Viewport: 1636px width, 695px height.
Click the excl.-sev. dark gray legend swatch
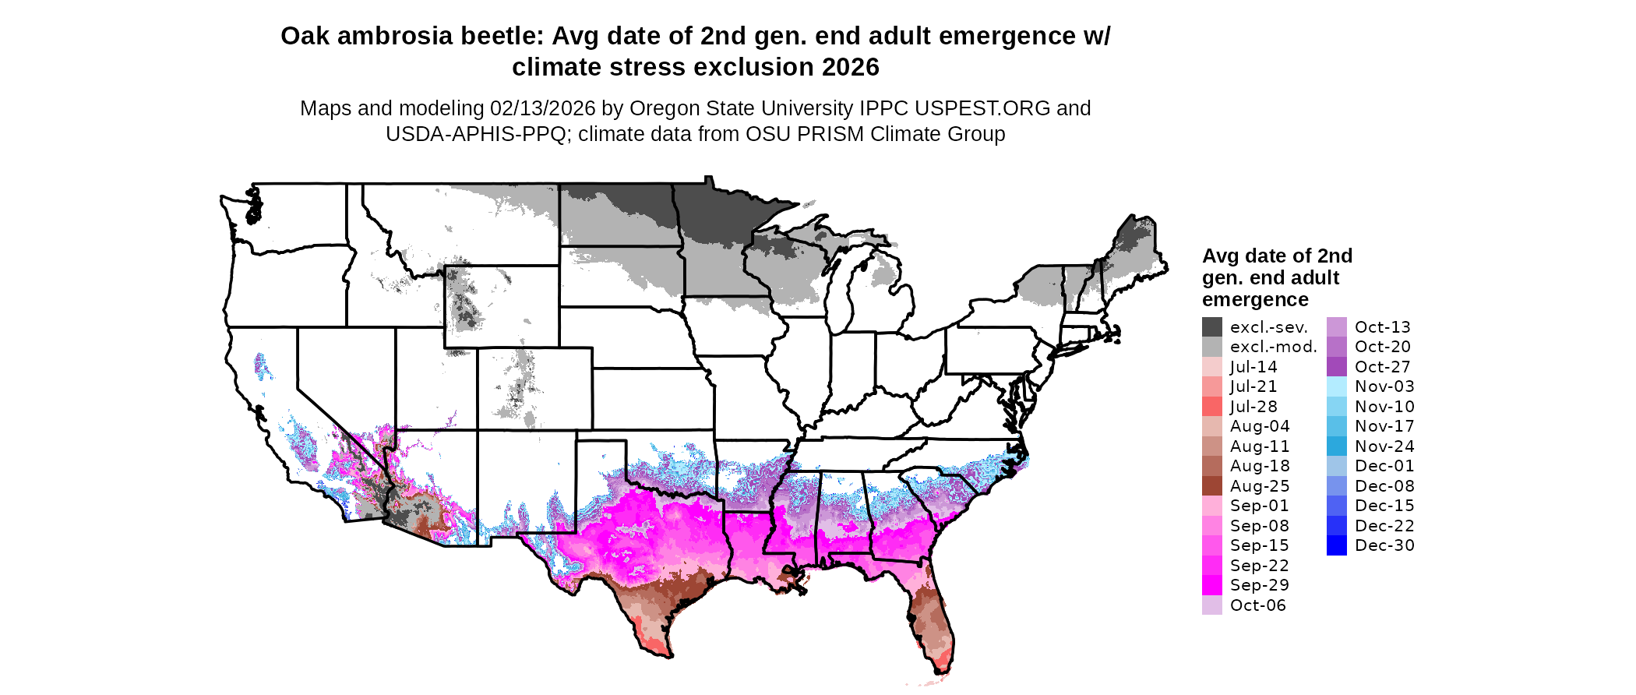point(1211,327)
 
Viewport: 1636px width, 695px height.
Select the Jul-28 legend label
point(1253,407)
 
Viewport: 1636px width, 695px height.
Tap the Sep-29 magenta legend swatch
point(1211,585)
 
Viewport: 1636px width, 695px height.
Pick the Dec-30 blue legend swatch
point(1336,545)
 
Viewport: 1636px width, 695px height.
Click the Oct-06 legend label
point(1257,605)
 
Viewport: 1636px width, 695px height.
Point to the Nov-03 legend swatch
point(1336,386)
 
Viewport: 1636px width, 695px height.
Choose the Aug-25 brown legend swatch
point(1211,486)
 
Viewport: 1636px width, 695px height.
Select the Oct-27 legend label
point(1382,367)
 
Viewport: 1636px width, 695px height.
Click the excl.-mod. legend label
point(1273,347)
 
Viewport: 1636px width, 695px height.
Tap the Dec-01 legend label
point(1384,466)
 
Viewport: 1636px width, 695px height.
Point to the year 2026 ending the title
point(850,67)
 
